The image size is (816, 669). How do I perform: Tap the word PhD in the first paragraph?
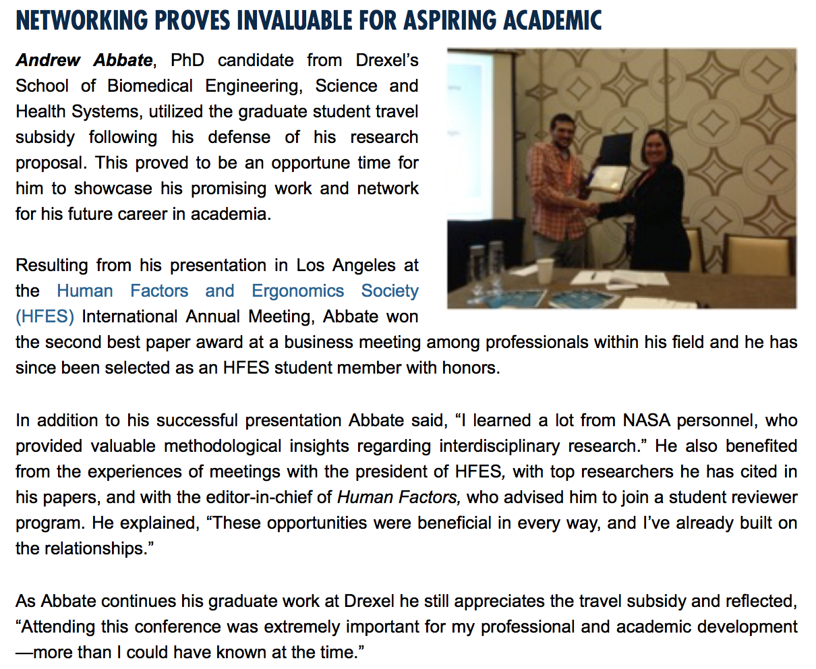click(187, 60)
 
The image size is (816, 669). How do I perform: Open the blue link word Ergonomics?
click(297, 291)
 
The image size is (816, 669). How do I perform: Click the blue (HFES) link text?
click(45, 316)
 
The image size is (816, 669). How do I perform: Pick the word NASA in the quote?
click(647, 420)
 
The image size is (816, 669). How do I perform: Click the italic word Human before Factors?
click(365, 497)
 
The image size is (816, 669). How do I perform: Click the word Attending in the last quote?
click(59, 627)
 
